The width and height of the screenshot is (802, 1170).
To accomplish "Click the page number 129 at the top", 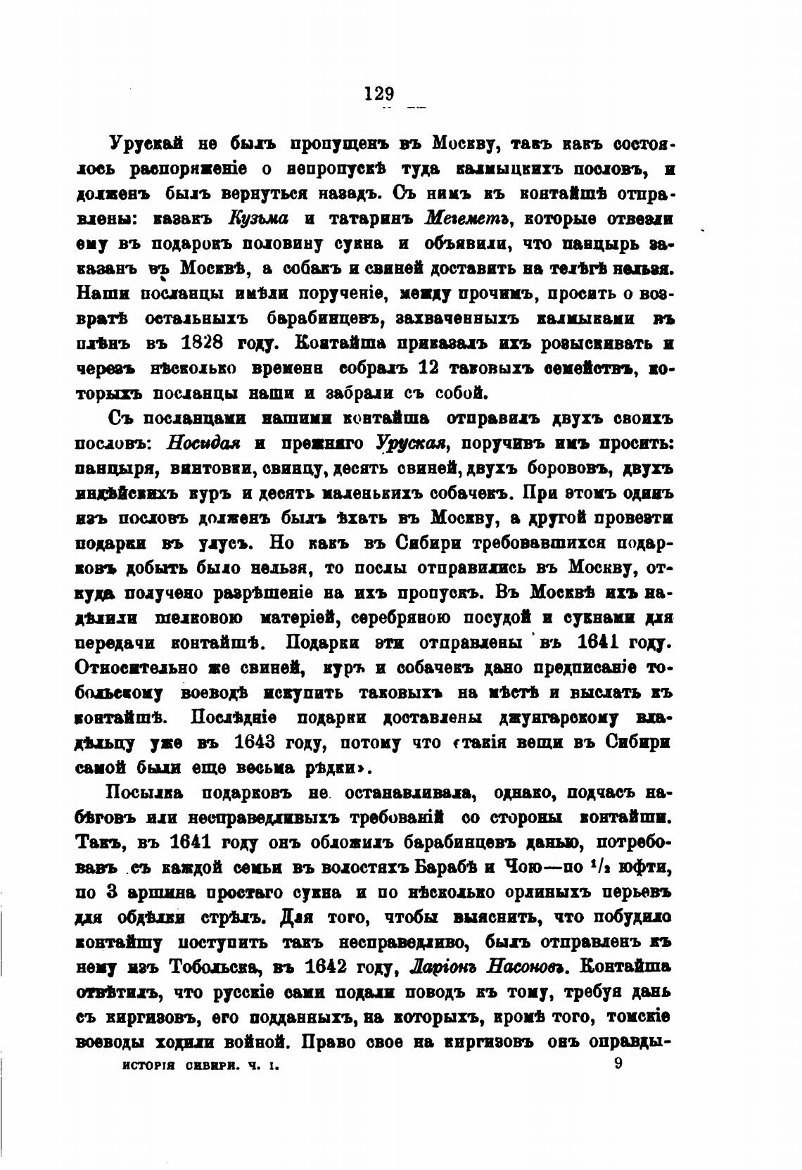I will click(380, 94).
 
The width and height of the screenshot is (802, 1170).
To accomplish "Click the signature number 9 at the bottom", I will click(618, 1064).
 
